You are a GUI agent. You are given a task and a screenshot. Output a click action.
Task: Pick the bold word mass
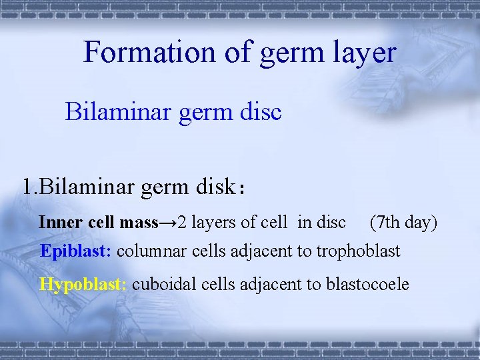[x=138, y=222]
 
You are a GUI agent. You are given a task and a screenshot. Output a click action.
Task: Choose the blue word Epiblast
[x=77, y=251]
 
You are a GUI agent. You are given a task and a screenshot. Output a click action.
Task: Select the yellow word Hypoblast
[x=83, y=285]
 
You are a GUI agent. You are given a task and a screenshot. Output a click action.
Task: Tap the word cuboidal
[x=161, y=285]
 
